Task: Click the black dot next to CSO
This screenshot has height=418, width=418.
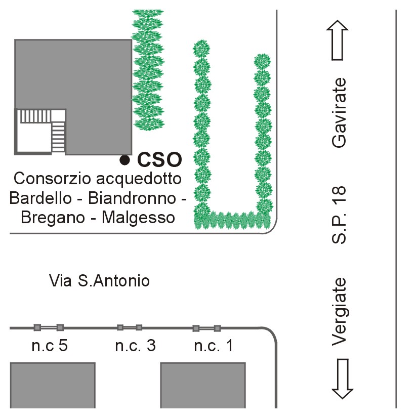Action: point(124,160)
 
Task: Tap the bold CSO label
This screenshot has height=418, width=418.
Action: point(159,160)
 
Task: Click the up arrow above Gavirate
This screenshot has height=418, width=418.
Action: point(339,40)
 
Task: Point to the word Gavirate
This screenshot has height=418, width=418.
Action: point(340,112)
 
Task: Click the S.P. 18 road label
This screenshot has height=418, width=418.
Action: point(340,215)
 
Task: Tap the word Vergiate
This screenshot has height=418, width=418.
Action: point(340,312)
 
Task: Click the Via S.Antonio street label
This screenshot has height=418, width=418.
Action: point(100,280)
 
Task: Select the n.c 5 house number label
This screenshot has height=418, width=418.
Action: point(49,346)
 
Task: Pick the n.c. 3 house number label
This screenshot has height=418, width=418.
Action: point(135,346)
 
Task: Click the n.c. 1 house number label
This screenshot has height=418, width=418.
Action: point(214,346)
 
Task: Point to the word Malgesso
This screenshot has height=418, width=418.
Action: point(138,218)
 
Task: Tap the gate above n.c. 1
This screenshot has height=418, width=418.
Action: point(206,328)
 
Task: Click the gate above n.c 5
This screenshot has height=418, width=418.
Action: point(49,327)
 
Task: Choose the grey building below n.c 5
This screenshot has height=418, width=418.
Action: point(53,385)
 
